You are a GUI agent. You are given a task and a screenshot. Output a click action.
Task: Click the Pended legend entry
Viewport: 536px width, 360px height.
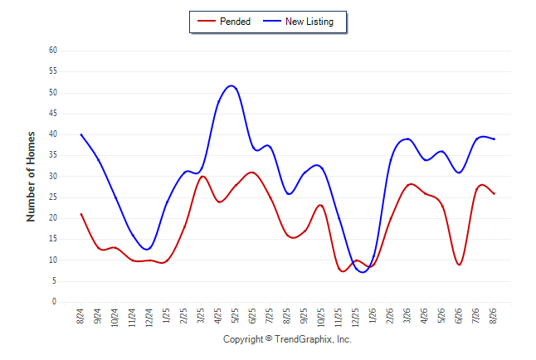[x=224, y=22]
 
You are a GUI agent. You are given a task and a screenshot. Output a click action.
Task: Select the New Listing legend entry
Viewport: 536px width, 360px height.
[x=298, y=22]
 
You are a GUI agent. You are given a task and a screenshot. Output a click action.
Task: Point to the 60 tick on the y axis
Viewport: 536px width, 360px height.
[x=53, y=51]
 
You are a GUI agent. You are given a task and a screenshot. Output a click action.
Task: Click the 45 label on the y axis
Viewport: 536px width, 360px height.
[x=53, y=113]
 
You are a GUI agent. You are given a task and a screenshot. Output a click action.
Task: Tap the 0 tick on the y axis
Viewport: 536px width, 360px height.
[x=54, y=302]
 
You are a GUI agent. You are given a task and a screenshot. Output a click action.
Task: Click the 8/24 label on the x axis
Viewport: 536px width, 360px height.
[x=80, y=316]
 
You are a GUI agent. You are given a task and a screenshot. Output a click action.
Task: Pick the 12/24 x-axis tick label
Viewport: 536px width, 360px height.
[x=149, y=318]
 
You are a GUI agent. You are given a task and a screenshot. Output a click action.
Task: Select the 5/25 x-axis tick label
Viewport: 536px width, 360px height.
[x=235, y=316]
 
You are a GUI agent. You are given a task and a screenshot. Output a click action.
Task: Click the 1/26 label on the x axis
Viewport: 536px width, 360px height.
[x=373, y=316]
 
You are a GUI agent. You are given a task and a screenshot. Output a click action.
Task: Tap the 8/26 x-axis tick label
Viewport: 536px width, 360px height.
[x=494, y=316]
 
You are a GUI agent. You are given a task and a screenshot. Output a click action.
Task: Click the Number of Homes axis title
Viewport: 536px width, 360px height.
[x=31, y=177]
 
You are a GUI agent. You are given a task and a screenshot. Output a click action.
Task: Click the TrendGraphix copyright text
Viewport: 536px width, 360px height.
[x=287, y=339]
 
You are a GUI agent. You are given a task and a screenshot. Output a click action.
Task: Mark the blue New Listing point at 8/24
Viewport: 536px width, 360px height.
[x=81, y=134]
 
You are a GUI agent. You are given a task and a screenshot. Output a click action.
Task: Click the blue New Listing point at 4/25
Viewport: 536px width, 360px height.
[x=219, y=101]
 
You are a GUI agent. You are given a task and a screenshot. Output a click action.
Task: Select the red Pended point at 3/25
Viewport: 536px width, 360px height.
[x=202, y=177]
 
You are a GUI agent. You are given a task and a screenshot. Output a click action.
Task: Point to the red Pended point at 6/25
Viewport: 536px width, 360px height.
[x=253, y=173]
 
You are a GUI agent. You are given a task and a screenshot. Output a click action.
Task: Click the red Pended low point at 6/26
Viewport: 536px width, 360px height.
[x=460, y=265]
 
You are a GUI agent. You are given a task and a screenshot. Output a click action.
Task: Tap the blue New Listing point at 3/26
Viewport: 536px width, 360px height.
[x=408, y=139]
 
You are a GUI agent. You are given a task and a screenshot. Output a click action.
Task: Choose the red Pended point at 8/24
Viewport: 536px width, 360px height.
[x=81, y=214]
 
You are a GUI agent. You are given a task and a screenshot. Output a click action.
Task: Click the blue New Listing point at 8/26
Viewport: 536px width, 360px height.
[x=494, y=139]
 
